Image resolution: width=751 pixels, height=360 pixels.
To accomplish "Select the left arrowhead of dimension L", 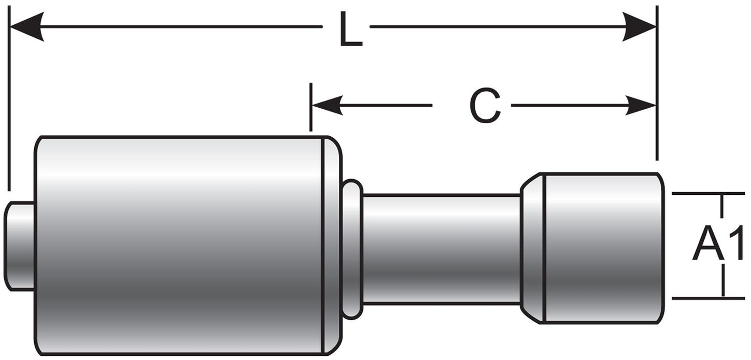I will pos(26,26).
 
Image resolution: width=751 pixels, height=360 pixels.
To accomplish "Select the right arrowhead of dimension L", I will pos(640,26).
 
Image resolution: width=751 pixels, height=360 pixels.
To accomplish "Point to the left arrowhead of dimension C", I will pos(327,105).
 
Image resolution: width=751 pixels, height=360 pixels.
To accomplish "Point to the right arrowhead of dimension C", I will pos(641,105).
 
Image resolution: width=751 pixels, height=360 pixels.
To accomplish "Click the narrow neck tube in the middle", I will pos(441,249).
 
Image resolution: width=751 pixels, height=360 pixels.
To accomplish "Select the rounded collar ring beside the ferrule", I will pos(352,249).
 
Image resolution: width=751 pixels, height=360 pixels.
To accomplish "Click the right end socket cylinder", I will pos(601,249).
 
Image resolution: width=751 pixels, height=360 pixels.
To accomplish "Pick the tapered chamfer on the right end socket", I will pos(532,249).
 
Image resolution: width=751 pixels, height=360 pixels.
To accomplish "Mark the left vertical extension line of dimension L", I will pos(9,104).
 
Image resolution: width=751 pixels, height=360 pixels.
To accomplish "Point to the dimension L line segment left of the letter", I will pos(181,26).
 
